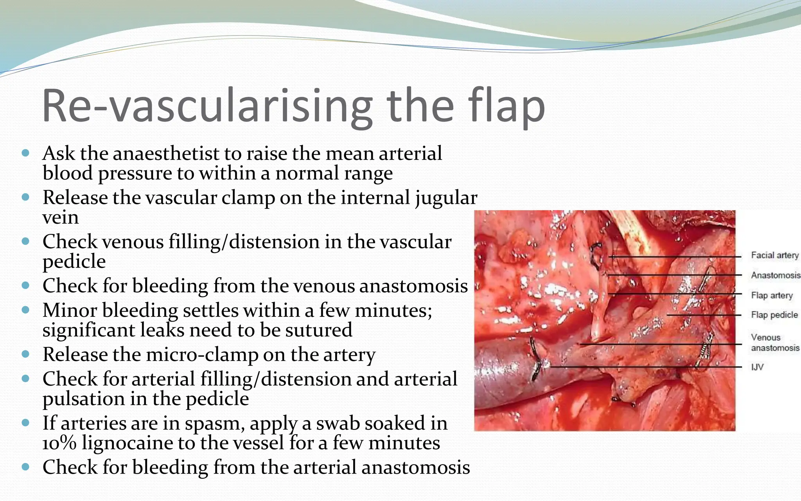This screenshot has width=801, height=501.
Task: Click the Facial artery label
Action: [774, 255]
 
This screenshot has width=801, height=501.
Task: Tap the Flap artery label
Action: [772, 295]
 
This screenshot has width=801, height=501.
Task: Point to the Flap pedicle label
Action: [774, 315]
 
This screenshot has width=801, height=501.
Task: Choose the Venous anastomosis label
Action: [774, 343]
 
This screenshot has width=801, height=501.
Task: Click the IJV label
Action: [757, 367]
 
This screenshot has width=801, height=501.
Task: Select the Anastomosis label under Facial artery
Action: [775, 275]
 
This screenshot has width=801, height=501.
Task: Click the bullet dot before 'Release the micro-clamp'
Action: [26, 354]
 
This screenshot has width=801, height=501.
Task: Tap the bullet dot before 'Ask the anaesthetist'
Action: [26, 153]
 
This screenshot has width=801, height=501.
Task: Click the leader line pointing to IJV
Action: [645, 367]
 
